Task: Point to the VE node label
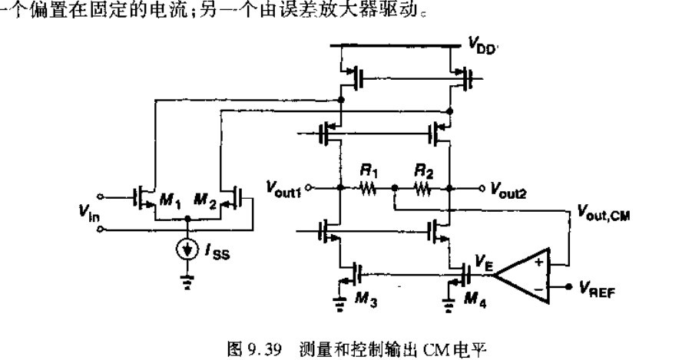pyautogui.click(x=484, y=261)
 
